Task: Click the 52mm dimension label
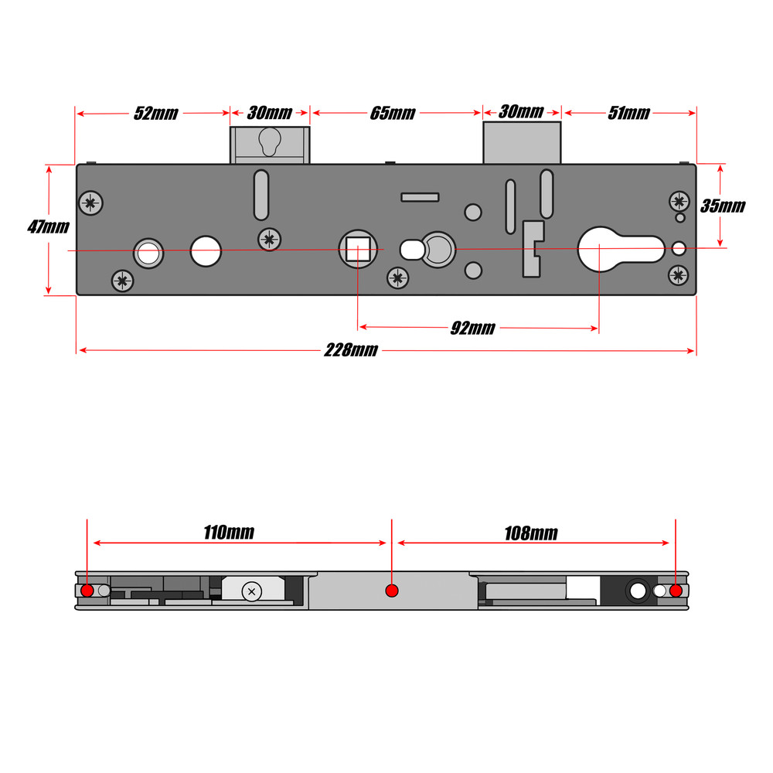coord(155,114)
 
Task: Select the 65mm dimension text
coord(393,114)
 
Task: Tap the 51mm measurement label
coord(628,114)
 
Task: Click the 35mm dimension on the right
coord(723,206)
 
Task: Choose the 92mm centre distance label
coord(472,329)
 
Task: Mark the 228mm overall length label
coord(351,350)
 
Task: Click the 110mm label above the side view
coord(229,533)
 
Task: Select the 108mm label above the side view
coord(531,533)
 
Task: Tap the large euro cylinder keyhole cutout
coord(618,249)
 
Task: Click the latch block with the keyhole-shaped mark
coord(269,145)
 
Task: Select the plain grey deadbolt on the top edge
coord(522,142)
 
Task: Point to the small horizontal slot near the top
coord(421,197)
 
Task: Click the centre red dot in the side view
coord(391,591)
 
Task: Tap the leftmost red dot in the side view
coord(87,591)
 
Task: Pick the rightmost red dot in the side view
coord(676,591)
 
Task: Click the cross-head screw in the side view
coord(252,592)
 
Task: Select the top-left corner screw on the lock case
coord(91,203)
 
